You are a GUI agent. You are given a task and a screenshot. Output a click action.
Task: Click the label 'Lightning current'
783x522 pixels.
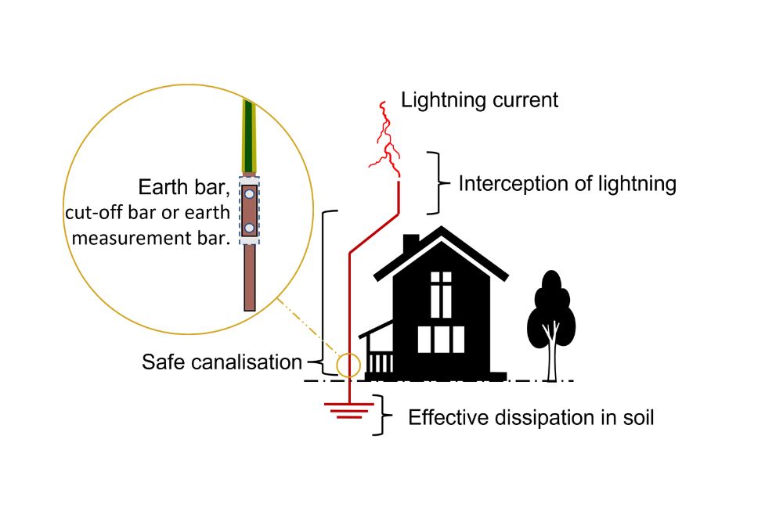click(479, 100)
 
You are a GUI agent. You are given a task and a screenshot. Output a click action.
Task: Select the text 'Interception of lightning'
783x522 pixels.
click(567, 184)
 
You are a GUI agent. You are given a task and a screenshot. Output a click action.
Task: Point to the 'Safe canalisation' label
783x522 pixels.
click(222, 362)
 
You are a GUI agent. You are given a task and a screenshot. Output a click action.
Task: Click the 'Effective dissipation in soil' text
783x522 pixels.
click(531, 417)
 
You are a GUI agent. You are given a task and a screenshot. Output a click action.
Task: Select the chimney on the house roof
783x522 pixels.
click(410, 244)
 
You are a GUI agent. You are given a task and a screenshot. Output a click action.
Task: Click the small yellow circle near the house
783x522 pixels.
click(348, 365)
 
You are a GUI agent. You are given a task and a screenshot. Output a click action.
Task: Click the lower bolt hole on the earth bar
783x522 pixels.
click(248, 228)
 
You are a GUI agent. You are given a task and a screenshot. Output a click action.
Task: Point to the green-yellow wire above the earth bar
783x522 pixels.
click(248, 133)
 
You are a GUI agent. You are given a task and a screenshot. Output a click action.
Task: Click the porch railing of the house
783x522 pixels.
click(381, 362)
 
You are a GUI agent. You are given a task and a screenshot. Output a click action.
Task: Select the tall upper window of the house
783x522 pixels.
click(441, 294)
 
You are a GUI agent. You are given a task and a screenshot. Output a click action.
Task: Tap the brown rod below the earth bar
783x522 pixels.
click(249, 278)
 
